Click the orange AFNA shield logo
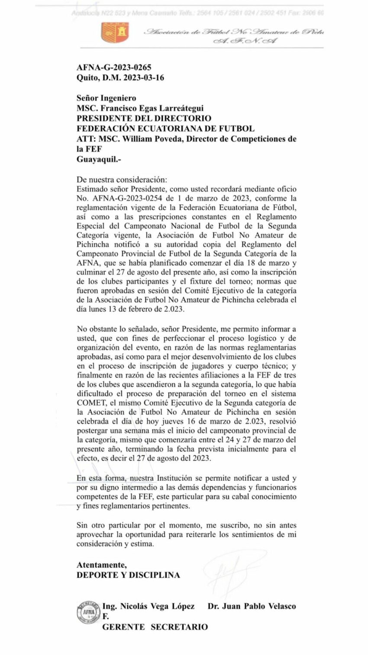115,33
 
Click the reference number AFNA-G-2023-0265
114,67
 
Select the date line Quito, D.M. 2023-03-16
120,78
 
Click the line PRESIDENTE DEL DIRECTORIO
144,118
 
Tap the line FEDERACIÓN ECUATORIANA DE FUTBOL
165,128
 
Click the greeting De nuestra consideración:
121,180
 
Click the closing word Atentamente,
102,565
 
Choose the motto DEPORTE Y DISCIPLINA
128,575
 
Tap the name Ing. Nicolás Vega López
148,606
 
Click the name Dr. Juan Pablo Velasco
252,606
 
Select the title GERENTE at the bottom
123,627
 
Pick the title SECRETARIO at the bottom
179,627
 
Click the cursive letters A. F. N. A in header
245,42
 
